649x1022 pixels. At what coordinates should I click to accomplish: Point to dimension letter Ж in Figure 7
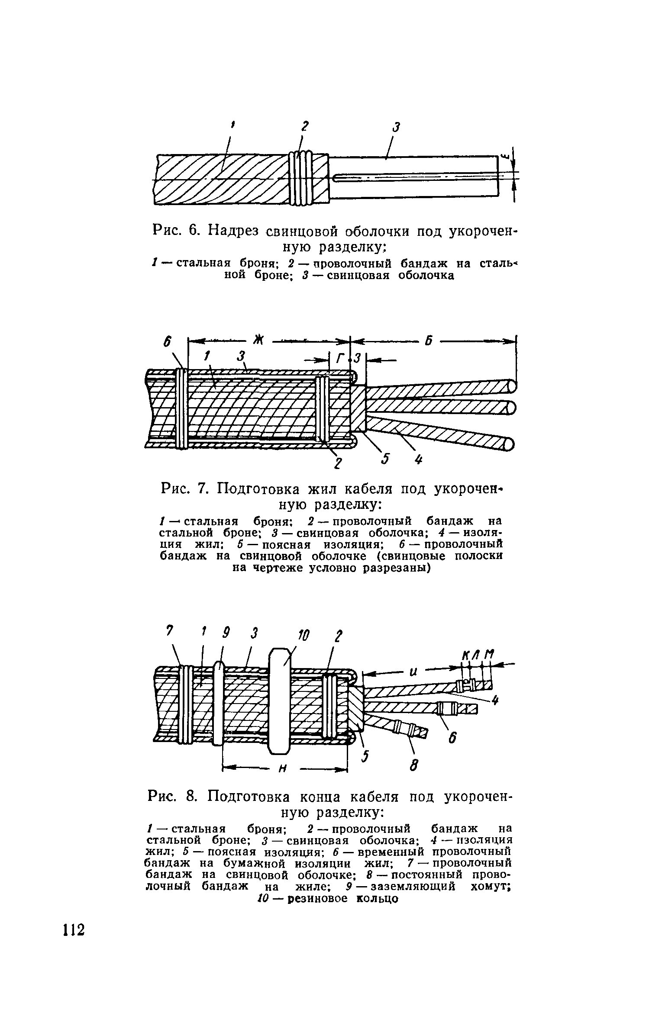click(x=258, y=341)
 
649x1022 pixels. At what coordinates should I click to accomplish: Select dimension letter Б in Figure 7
click(x=428, y=341)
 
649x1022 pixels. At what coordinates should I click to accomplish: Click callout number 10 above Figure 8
click(x=304, y=636)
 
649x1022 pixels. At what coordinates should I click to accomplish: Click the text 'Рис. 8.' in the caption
click(x=172, y=796)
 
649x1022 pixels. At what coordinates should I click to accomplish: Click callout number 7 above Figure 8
click(x=170, y=632)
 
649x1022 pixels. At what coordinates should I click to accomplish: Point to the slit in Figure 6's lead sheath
click(x=416, y=178)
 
